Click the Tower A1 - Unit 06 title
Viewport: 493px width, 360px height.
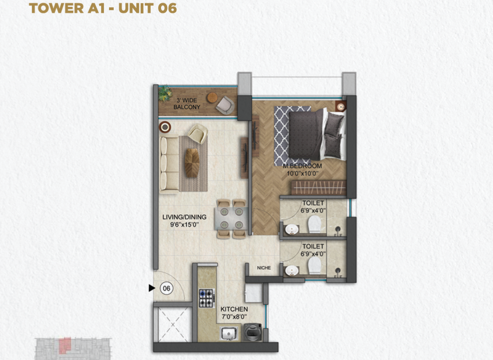103,8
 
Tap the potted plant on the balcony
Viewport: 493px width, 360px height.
165,94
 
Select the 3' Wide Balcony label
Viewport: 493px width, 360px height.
187,104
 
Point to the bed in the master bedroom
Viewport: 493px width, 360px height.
318,133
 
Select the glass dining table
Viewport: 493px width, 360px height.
231,218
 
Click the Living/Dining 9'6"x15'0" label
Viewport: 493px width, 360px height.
184,221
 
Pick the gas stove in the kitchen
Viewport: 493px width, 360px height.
207,298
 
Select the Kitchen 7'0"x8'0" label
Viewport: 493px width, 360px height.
234,313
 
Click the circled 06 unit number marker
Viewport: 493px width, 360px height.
166,288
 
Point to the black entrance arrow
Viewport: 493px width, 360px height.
152,288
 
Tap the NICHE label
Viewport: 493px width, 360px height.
264,268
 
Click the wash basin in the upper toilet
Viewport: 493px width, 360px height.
292,229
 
